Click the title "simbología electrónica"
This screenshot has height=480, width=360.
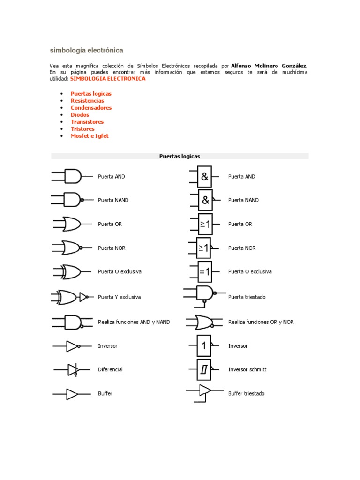[86, 50]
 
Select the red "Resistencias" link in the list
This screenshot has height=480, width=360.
[87, 101]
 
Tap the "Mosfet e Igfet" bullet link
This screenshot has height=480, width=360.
[90, 136]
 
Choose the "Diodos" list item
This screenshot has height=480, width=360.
[80, 115]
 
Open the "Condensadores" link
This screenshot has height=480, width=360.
[91, 108]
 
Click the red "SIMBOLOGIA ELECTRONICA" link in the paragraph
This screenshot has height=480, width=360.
[108, 79]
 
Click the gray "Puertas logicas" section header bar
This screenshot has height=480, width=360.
[180, 156]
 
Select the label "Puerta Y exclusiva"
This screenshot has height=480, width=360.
[119, 297]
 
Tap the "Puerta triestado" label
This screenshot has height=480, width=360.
[247, 297]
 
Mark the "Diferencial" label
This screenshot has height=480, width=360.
[110, 370]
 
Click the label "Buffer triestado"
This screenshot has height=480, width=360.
[246, 394]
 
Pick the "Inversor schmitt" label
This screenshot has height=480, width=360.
[247, 370]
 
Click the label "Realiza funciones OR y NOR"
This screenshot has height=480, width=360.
[261, 322]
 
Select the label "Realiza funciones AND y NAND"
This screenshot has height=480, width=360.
[134, 322]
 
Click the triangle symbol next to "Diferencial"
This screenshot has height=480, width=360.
[72, 370]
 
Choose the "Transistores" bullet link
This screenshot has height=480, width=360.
[87, 122]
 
